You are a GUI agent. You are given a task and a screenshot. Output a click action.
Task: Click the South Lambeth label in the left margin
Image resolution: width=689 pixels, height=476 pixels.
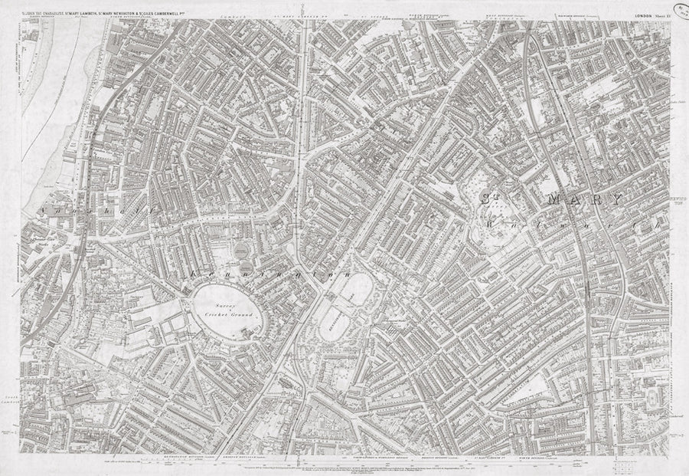coord(13,380)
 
